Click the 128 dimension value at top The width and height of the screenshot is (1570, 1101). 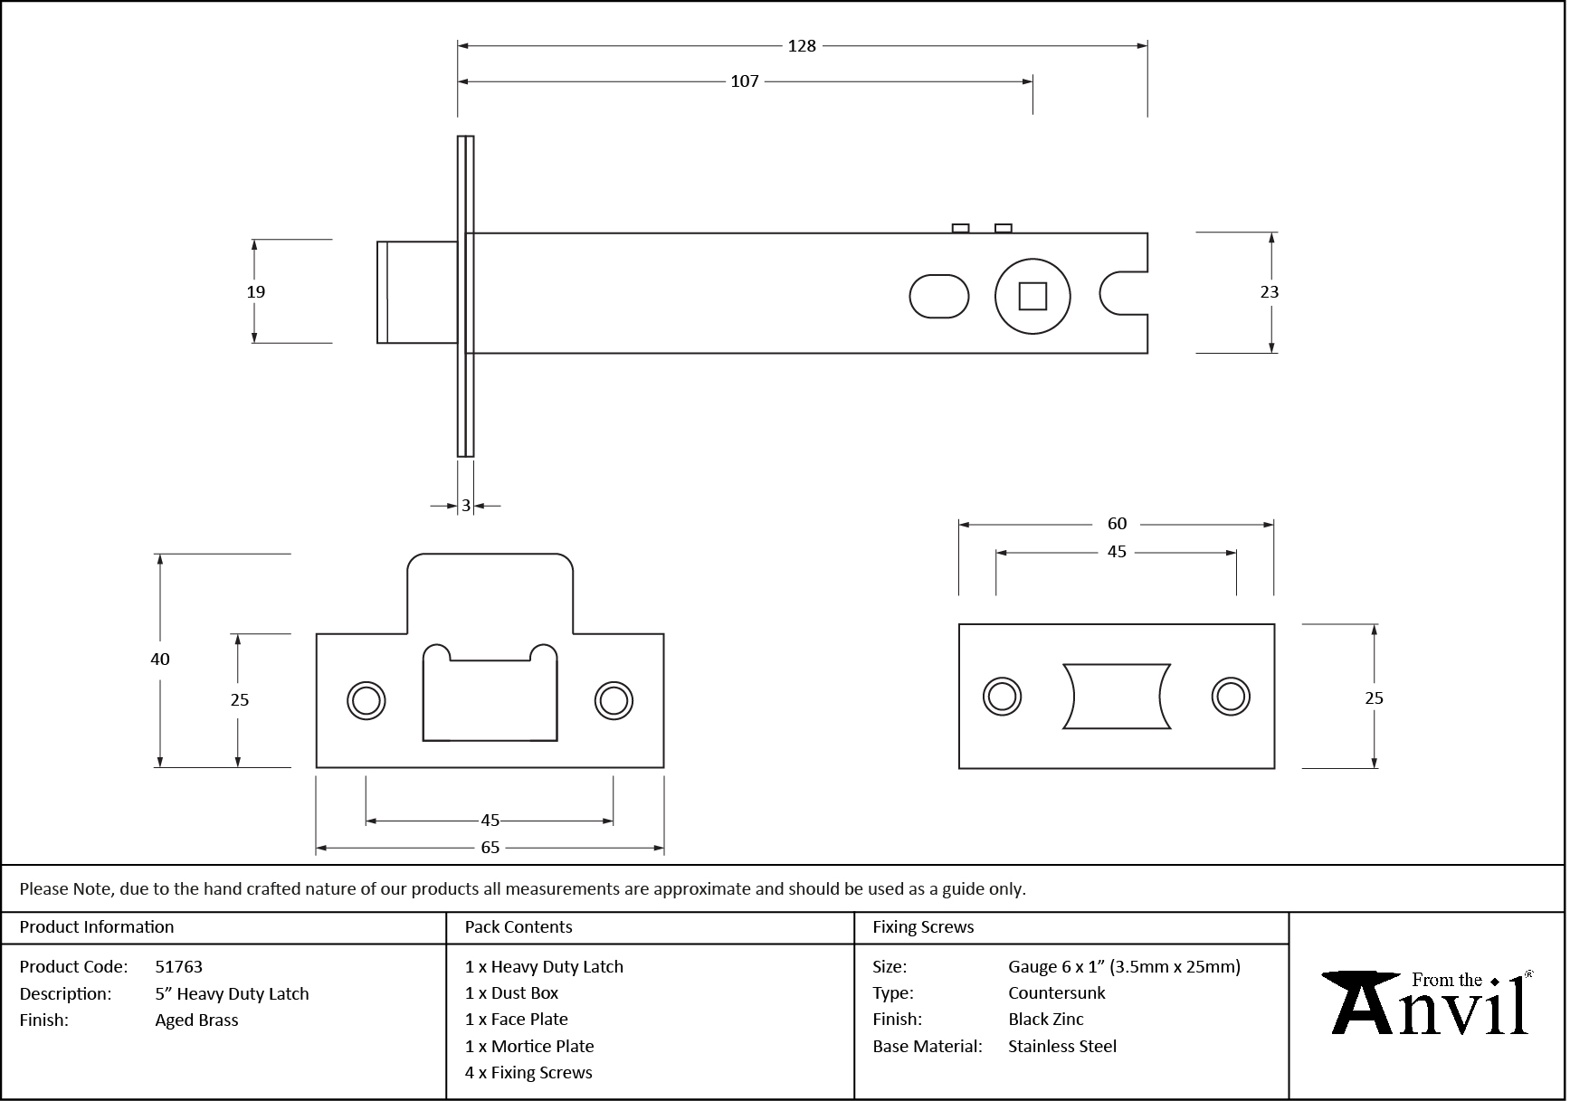click(802, 46)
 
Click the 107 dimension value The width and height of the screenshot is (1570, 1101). click(744, 81)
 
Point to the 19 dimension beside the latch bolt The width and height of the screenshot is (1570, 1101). click(256, 291)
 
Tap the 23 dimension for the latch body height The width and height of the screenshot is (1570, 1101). click(1269, 291)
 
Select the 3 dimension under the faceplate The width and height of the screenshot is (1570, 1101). click(466, 506)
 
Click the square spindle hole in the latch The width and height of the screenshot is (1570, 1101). click(1032, 297)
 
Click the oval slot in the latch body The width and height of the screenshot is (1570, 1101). click(938, 297)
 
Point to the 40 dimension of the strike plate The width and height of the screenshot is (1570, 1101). click(160, 660)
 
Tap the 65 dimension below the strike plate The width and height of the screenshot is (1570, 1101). click(490, 848)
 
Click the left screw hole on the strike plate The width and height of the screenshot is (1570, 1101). click(366, 701)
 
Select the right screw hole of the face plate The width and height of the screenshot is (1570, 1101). click(1231, 697)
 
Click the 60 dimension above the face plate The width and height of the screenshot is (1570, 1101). click(1117, 524)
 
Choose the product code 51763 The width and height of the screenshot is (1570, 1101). click(179, 967)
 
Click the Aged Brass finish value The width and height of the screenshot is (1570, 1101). click(196, 1020)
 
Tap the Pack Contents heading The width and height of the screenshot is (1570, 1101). click(518, 927)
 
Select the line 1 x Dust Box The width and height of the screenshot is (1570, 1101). click(511, 993)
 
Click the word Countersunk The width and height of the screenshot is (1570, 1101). click(1056, 993)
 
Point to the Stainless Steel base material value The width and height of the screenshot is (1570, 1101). click(1061, 1047)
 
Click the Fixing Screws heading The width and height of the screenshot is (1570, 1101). click(922, 927)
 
